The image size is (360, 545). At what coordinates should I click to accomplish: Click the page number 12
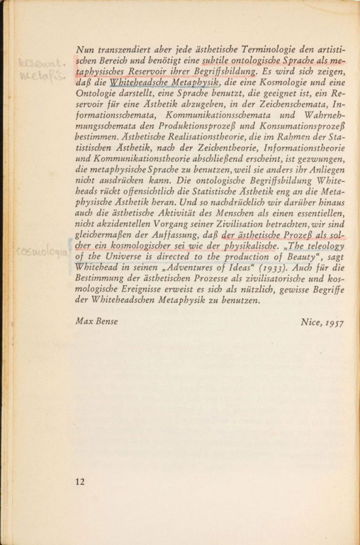80,482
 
